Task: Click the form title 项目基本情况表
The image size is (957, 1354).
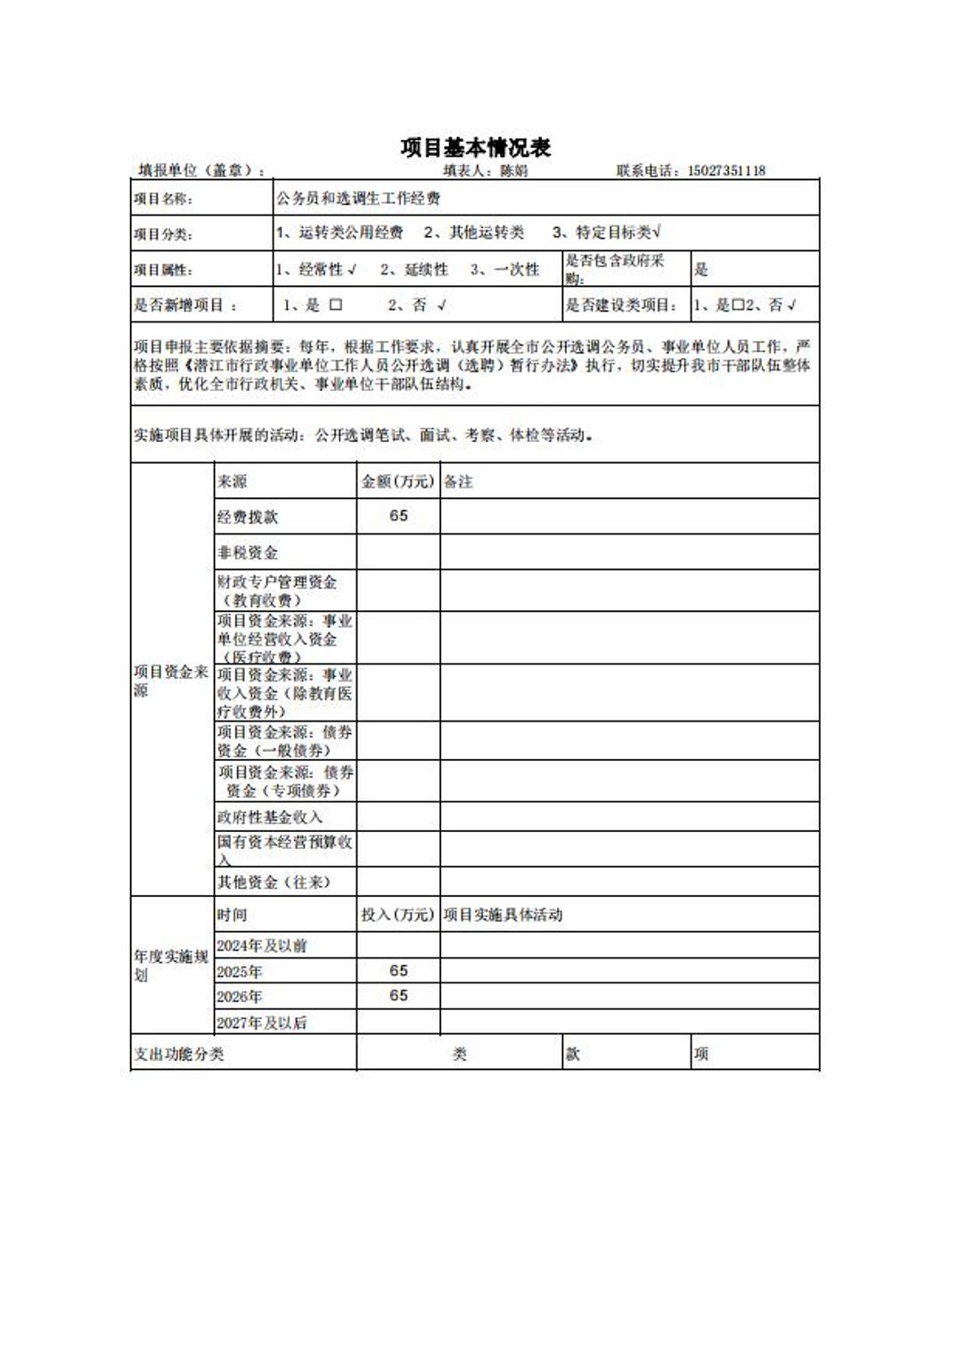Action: pos(475,147)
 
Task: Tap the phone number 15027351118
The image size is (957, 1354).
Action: pos(726,171)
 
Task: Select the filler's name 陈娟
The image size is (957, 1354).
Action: pos(514,171)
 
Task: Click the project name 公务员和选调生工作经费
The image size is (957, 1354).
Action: pos(357,198)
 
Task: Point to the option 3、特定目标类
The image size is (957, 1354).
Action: pos(606,232)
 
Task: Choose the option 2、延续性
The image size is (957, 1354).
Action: pos(413,269)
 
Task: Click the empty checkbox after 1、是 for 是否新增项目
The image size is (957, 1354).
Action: pos(336,305)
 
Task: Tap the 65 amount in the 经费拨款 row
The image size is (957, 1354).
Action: pos(398,516)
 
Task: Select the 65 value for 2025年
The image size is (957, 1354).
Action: pos(398,970)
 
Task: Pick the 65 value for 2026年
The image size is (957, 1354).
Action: pos(398,995)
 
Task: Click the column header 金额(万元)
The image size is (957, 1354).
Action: pos(397,481)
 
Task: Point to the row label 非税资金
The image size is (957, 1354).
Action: pos(248,552)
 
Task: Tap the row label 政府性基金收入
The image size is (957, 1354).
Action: pos(270,817)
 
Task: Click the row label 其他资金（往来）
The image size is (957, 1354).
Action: pos(274,882)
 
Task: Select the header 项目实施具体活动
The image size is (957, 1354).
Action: pos(503,915)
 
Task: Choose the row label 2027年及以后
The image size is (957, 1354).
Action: pos(261,1023)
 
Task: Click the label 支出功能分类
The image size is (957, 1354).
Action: pos(179,1054)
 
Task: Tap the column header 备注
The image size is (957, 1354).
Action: pos(458,481)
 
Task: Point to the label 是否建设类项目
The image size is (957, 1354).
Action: pos(622,305)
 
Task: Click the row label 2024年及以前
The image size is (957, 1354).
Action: pos(261,945)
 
